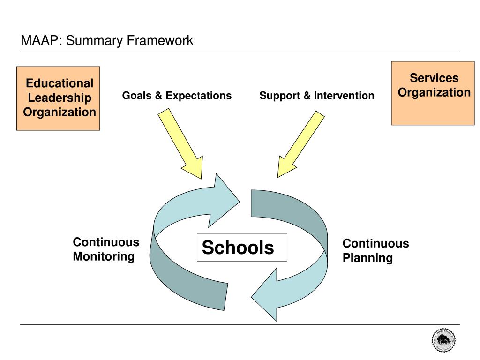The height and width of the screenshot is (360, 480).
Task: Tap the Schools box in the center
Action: (241, 247)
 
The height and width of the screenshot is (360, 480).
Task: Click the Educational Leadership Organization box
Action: (58, 98)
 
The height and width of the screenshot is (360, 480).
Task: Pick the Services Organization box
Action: (433, 93)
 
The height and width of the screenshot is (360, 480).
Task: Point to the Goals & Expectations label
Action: (177, 96)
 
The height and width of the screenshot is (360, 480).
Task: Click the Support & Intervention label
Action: (317, 96)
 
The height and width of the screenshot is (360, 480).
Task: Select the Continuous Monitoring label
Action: (106, 249)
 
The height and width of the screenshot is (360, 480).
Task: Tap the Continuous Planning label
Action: (375, 250)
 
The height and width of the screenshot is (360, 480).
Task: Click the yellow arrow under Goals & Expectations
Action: (180, 142)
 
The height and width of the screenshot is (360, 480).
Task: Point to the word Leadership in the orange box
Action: (60, 98)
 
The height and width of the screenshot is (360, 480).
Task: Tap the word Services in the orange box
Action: (434, 78)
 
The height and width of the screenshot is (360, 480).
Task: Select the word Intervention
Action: (344, 96)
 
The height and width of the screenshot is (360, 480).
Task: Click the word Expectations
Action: (199, 96)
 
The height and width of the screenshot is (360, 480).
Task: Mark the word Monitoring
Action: (104, 257)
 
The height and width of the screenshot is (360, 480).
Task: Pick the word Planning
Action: (367, 258)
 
